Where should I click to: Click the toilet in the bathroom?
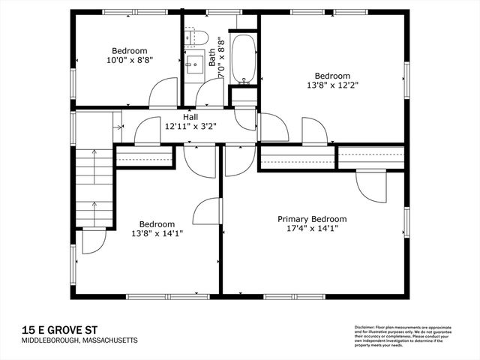click(x=198, y=37)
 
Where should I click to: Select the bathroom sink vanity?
click(x=195, y=61)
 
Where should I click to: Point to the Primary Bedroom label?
click(x=312, y=219)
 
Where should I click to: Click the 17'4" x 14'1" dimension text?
click(x=312, y=229)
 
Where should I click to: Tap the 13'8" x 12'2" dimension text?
click(x=332, y=85)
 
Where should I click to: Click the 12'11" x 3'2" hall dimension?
click(x=190, y=127)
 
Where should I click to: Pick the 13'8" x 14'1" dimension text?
click(x=157, y=233)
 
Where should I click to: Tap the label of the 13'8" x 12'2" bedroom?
click(x=332, y=76)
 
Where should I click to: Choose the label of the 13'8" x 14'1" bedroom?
click(x=157, y=223)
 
